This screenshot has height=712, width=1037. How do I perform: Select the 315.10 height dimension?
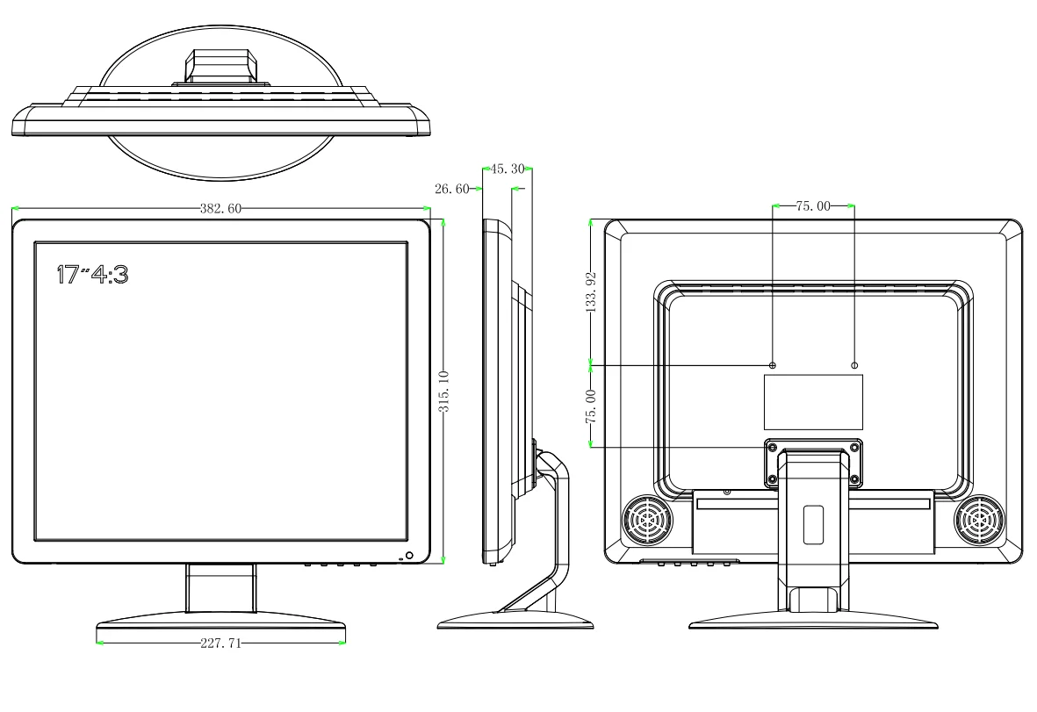[x=445, y=391]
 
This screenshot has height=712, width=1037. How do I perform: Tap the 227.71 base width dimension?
[x=220, y=644]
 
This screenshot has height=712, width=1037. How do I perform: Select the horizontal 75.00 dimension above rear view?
[x=812, y=206]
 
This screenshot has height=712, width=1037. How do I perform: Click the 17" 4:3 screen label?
[x=92, y=274]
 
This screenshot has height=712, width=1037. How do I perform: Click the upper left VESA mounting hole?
[x=773, y=364]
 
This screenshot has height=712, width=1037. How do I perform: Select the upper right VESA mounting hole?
[x=855, y=364]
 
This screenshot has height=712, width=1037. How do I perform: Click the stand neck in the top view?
[x=220, y=68]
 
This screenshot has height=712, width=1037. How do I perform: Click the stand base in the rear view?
[x=813, y=622]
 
